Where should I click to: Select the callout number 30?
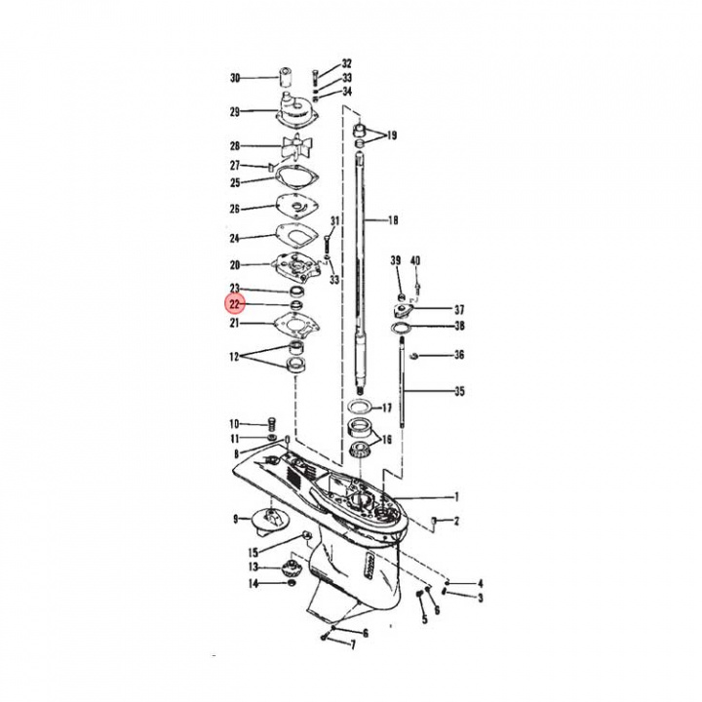click(234, 78)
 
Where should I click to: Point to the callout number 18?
click(394, 220)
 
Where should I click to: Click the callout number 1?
click(457, 496)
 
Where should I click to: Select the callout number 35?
click(459, 392)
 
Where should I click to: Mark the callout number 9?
click(235, 519)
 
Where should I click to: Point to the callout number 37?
click(459, 309)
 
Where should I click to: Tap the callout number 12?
click(234, 358)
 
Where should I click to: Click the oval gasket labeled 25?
click(296, 179)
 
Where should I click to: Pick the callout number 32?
click(346, 63)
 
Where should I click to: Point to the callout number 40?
click(415, 260)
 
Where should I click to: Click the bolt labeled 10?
click(271, 422)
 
